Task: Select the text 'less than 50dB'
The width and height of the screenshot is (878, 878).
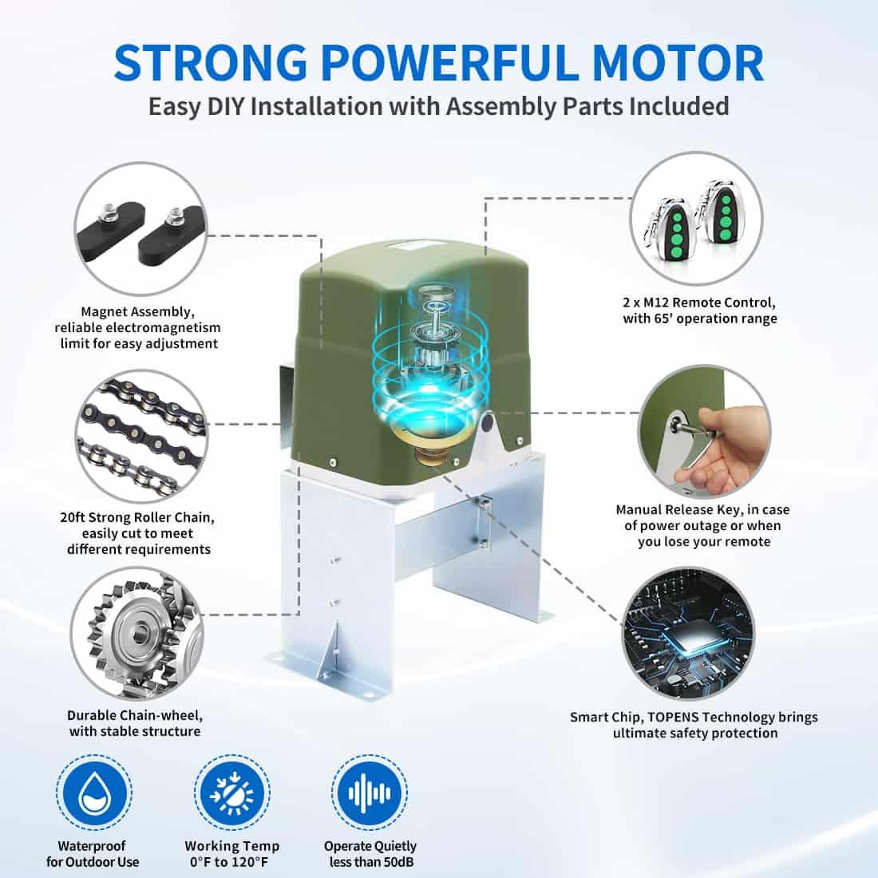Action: (x=371, y=862)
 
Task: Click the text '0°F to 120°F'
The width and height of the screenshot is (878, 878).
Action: (x=232, y=862)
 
